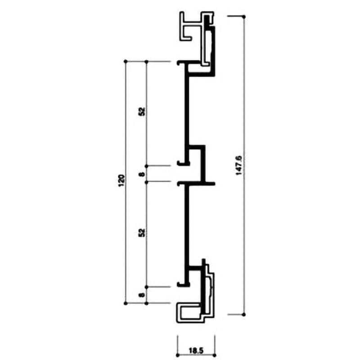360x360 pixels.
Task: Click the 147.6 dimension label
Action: (x=239, y=165)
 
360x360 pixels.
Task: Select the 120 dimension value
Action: (x=121, y=181)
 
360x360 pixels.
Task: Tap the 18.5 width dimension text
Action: (x=196, y=351)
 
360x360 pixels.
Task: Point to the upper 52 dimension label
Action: (x=142, y=111)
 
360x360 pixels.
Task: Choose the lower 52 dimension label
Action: (x=142, y=233)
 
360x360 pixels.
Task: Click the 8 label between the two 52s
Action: (x=142, y=174)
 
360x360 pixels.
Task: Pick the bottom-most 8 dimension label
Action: (x=142, y=295)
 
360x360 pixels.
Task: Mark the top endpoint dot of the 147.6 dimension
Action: (x=244, y=17)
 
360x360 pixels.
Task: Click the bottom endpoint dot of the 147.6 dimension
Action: (x=244, y=314)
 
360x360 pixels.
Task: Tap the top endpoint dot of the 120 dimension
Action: (x=126, y=61)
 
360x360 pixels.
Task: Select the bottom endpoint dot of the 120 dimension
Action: (x=126, y=303)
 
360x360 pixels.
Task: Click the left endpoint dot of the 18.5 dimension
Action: (x=177, y=355)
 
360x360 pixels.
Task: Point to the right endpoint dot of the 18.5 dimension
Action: (x=215, y=355)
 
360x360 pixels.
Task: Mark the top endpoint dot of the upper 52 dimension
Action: (x=147, y=61)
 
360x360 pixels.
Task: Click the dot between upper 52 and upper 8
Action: (x=147, y=166)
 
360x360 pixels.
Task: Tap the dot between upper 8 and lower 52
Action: (x=147, y=182)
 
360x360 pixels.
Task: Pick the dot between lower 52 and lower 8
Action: (x=147, y=287)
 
